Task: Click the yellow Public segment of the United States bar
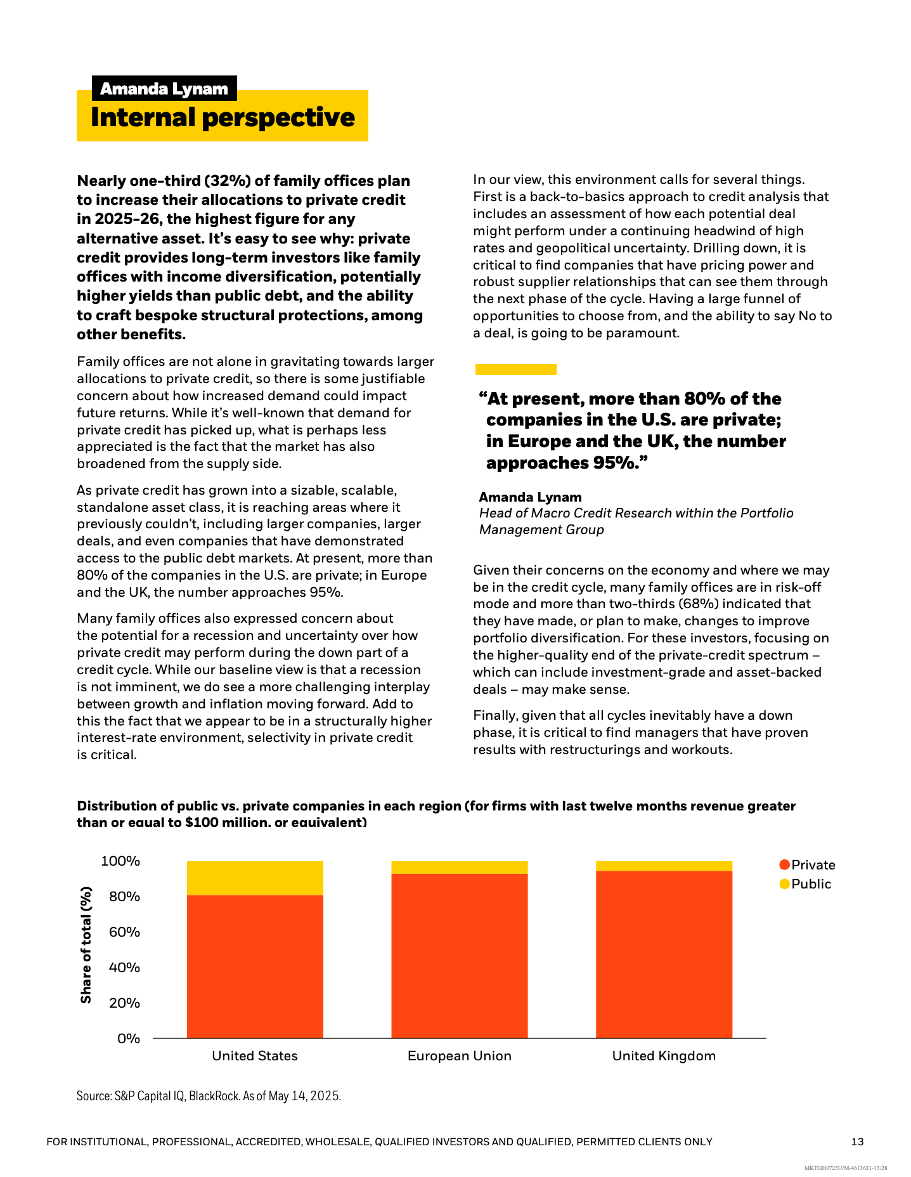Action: (x=255, y=878)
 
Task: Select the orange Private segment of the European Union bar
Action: (x=459, y=955)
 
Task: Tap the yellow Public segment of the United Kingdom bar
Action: (x=664, y=866)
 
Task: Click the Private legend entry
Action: (x=807, y=865)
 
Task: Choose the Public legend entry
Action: (x=805, y=884)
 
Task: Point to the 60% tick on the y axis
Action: (x=120, y=932)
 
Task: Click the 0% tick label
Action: (x=128, y=1038)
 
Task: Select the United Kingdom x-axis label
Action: (x=664, y=1056)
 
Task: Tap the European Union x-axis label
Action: (x=459, y=1056)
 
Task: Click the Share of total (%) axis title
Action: (x=86, y=945)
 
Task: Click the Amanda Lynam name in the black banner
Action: (x=164, y=89)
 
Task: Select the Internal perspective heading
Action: (x=223, y=117)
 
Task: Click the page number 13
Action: (x=857, y=1141)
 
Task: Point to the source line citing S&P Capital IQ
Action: (x=209, y=1096)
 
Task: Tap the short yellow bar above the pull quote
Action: (x=515, y=369)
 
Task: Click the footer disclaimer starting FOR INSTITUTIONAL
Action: (x=379, y=1141)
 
